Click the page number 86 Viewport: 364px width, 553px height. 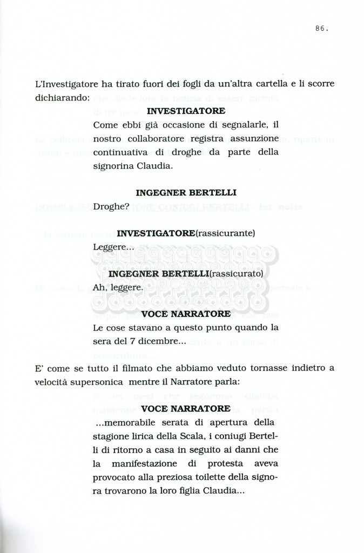click(x=321, y=29)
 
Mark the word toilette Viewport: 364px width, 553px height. click(x=225, y=477)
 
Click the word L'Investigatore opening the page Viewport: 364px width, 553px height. click(x=67, y=84)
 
